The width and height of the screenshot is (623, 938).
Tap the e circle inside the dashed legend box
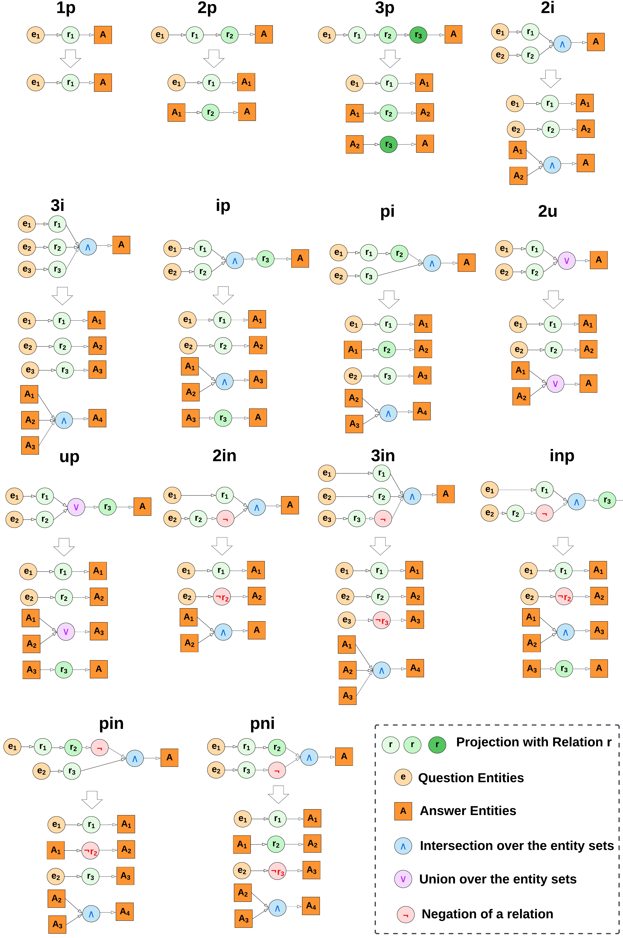pos(403,777)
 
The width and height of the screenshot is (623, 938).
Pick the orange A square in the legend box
pos(403,811)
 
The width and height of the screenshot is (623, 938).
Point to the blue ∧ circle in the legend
pos(403,846)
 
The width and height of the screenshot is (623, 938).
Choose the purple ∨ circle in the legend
pos(403,879)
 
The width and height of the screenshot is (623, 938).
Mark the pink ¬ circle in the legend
pos(406,915)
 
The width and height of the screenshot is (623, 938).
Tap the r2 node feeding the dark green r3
pos(388,35)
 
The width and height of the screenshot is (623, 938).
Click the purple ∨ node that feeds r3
pos(76,507)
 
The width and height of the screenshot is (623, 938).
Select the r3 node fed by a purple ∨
pos(107,507)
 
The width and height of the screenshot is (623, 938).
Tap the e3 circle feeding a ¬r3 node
pos(346,620)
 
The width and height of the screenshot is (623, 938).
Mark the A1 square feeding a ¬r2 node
pos(56,850)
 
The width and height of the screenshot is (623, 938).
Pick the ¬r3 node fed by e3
pos(381,620)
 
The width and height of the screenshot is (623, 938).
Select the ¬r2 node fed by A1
pos(90,851)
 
